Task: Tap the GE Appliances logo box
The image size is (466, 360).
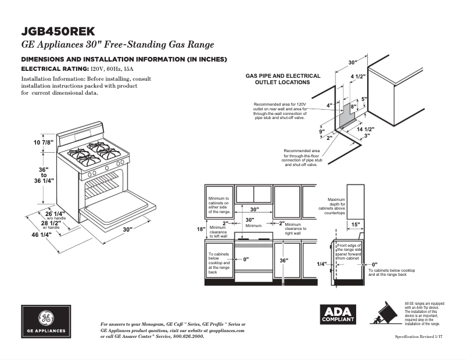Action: click(46, 321)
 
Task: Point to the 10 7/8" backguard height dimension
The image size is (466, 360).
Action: click(44, 142)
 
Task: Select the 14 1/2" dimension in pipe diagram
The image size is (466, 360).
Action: click(365, 129)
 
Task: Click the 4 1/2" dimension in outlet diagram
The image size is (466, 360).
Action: click(357, 77)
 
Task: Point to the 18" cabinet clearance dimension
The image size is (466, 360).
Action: click(200, 229)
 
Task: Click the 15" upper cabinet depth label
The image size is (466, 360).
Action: click(356, 224)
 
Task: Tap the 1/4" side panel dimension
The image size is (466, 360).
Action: click(322, 264)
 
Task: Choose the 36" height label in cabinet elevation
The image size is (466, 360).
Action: click(284, 261)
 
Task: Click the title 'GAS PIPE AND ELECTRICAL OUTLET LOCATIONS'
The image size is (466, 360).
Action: click(283, 79)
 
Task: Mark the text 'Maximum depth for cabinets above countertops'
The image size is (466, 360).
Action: click(336, 206)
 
